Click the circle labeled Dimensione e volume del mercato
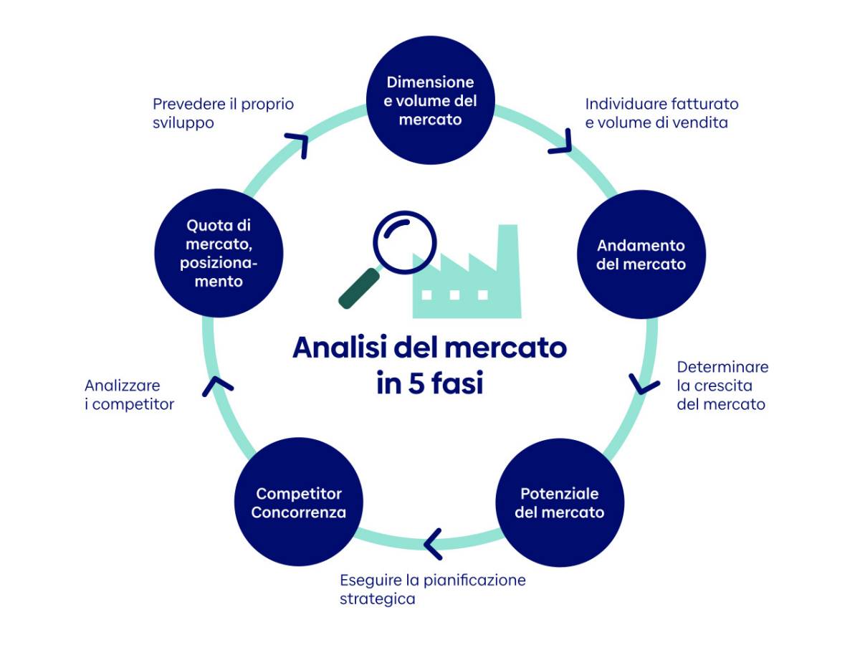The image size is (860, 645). [x=430, y=100]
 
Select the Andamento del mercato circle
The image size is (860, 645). [x=641, y=254]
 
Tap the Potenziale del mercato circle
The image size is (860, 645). [x=560, y=502]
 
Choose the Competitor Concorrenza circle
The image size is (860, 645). [x=299, y=502]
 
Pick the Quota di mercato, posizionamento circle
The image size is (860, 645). [x=219, y=253]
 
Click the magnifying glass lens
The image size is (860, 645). [x=405, y=242]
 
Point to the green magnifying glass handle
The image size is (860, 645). [x=359, y=289]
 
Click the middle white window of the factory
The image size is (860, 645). [x=454, y=295]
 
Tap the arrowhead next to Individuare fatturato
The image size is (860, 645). [x=560, y=142]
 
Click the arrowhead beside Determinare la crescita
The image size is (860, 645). [x=644, y=384]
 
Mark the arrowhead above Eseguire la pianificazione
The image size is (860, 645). [x=433, y=544]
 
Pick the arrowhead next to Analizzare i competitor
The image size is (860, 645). [x=217, y=386]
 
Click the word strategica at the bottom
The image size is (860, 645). [x=377, y=599]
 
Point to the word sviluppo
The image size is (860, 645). [x=183, y=123]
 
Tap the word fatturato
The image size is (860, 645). [x=705, y=104]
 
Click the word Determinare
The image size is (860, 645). [x=722, y=367]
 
